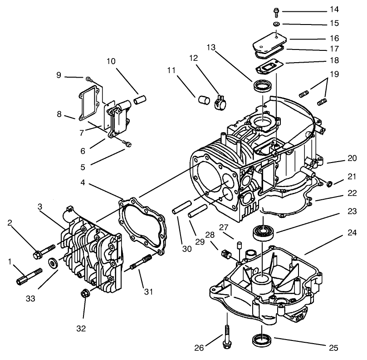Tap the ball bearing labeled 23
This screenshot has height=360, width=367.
(263, 232)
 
